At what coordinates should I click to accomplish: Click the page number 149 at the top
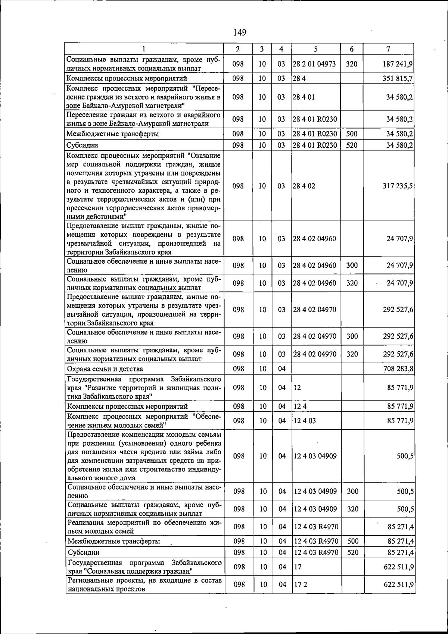[x=240, y=32]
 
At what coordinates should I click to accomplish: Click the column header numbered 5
[x=316, y=49]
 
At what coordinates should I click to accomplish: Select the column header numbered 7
[x=389, y=49]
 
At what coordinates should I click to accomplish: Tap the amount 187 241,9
[x=398, y=64]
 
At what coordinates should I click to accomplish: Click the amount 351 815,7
[x=398, y=78]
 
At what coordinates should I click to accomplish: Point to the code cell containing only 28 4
[x=297, y=78]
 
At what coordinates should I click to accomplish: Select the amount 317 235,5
[x=397, y=186]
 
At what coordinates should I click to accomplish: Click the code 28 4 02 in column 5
[x=304, y=186]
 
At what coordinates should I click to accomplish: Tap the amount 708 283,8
[x=398, y=369]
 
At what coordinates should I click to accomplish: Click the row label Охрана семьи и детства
[x=105, y=369]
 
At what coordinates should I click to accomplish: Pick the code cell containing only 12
[x=297, y=387]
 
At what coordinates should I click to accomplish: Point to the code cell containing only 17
[x=298, y=567]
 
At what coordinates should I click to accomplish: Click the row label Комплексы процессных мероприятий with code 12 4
[x=127, y=406]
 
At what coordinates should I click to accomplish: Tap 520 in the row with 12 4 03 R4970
[x=352, y=552]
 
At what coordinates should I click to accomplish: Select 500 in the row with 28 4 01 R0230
[x=352, y=134]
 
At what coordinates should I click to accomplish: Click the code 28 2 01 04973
[x=314, y=64]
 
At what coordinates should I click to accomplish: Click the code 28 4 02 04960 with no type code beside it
[x=314, y=239]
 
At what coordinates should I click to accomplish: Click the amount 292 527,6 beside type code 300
[x=398, y=336]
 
